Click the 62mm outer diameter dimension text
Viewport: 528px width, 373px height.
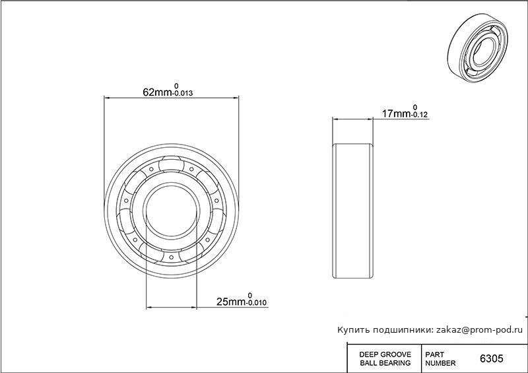158,92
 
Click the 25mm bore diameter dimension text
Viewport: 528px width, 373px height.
230,302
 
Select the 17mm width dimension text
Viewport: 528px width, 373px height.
395,114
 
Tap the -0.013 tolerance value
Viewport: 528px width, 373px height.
183,93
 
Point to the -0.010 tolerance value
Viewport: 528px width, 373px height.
256,303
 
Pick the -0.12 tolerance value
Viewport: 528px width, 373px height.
419,115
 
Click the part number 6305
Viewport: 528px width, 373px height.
491,358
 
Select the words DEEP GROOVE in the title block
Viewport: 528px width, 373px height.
385,355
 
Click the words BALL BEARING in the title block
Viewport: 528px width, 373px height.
385,363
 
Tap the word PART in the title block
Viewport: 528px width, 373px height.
434,355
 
